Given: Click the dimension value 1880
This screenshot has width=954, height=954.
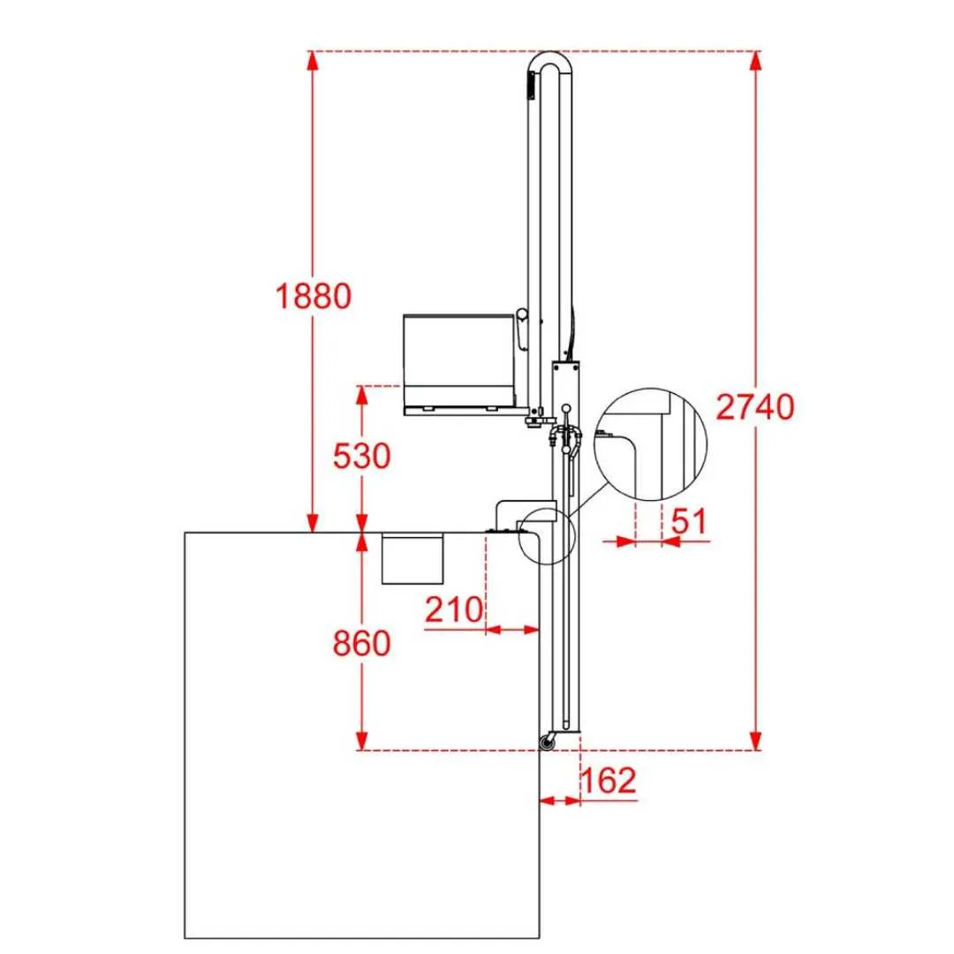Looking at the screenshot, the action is coord(314,296).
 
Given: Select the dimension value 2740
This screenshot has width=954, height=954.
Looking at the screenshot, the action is coord(754,407).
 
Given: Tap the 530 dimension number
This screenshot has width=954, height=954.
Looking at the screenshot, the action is coord(361,456).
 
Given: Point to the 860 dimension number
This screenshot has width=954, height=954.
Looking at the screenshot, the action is coord(361,643).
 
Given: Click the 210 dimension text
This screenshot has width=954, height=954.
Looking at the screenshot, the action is coord(454,609).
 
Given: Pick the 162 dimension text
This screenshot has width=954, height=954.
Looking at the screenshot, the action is coord(609,780).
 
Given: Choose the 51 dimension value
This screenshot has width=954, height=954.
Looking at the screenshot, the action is coord(689,521).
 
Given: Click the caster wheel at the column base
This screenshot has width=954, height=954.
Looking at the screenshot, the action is coord(547,742).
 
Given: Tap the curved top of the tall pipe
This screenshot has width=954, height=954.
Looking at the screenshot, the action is coord(550,56).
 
